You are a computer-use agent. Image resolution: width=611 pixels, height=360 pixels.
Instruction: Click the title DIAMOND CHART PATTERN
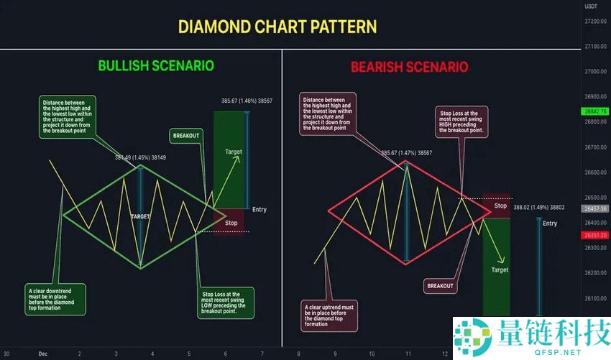(277, 27)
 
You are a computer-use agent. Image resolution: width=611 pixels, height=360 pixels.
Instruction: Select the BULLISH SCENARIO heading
(156, 65)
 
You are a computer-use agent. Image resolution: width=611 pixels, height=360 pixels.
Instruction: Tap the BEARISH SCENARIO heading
(409, 67)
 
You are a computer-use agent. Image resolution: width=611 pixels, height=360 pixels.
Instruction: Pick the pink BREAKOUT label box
(440, 285)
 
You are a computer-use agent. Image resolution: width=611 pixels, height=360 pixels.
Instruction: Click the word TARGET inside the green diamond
(141, 216)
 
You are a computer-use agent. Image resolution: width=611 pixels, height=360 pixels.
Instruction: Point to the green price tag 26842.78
(595, 111)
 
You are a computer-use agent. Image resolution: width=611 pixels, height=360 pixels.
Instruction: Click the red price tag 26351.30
(595, 235)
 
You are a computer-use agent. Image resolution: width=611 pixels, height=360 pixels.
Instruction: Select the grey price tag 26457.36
(595, 208)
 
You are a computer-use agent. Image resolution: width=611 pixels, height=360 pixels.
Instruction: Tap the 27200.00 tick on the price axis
(595, 22)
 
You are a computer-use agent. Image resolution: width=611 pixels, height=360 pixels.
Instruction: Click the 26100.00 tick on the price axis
(595, 298)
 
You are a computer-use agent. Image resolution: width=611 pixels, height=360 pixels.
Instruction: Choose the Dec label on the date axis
(42, 354)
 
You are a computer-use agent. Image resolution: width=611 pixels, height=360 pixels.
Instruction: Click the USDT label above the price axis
(592, 6)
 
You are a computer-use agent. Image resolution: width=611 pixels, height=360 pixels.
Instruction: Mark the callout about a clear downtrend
(55, 299)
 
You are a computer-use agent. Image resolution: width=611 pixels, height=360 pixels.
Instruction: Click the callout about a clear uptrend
(329, 315)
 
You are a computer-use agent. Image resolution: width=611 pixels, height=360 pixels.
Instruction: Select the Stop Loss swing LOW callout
(224, 302)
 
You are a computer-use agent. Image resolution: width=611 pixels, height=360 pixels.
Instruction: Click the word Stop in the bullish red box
(231, 223)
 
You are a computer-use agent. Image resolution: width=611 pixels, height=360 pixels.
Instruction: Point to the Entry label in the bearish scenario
(549, 223)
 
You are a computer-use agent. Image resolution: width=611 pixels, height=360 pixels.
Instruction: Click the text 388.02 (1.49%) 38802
(538, 208)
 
